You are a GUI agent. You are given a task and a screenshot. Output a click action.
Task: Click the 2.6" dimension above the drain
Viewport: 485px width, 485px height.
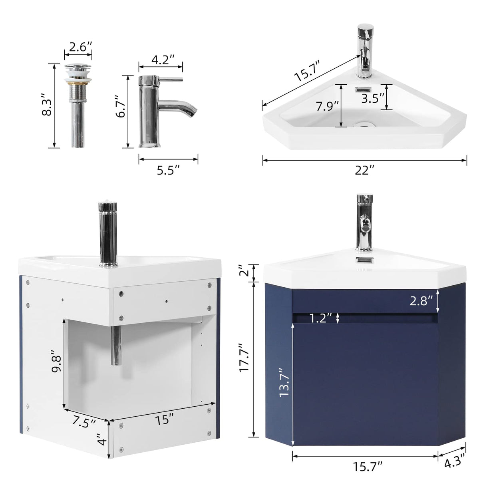coord(78,47)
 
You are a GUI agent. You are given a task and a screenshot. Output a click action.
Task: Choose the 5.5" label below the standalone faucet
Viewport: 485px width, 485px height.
coord(168,171)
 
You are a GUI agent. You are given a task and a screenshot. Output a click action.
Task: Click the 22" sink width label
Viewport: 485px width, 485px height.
coord(364,171)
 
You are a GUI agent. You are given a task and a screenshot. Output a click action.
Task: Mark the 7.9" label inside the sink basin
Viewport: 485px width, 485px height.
coord(327,107)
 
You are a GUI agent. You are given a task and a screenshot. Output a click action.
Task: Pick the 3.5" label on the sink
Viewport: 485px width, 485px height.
coord(372,98)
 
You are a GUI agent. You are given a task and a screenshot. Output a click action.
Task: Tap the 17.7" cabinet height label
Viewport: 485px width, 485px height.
coord(244,358)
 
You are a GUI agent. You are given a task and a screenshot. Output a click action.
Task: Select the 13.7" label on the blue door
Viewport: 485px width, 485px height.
coord(284,382)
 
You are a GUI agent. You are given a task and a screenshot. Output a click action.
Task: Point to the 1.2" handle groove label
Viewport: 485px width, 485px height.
coord(321,318)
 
